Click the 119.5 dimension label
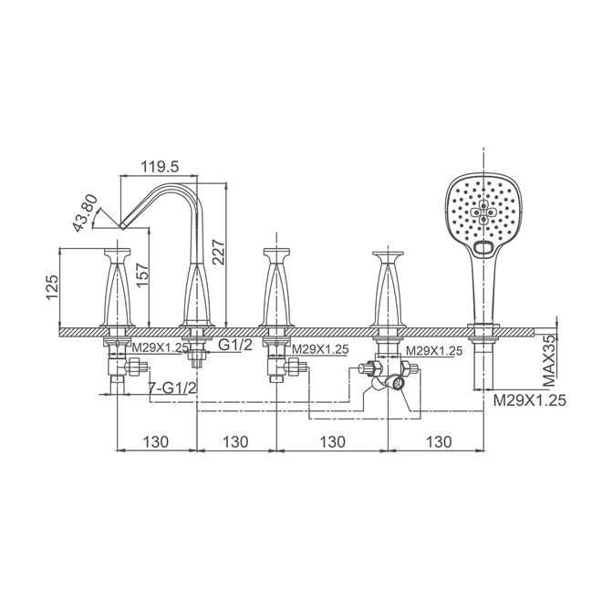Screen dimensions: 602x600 point(160,167)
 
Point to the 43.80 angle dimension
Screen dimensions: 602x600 point(86,213)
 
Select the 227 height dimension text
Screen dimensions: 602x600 point(218,252)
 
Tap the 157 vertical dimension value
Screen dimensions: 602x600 point(141,274)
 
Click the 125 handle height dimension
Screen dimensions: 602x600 point(52,286)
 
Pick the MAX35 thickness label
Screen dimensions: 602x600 point(549,360)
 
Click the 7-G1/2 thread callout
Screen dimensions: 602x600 point(172,388)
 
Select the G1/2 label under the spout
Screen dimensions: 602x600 point(235,345)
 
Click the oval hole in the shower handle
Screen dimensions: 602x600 point(483,248)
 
